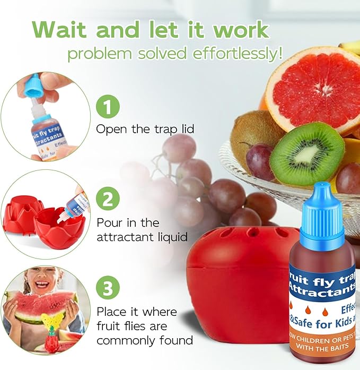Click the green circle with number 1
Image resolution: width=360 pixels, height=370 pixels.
[108, 108]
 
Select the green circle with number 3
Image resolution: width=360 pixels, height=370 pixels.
[108, 289]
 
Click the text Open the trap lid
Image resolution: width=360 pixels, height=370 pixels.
[145, 129]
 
